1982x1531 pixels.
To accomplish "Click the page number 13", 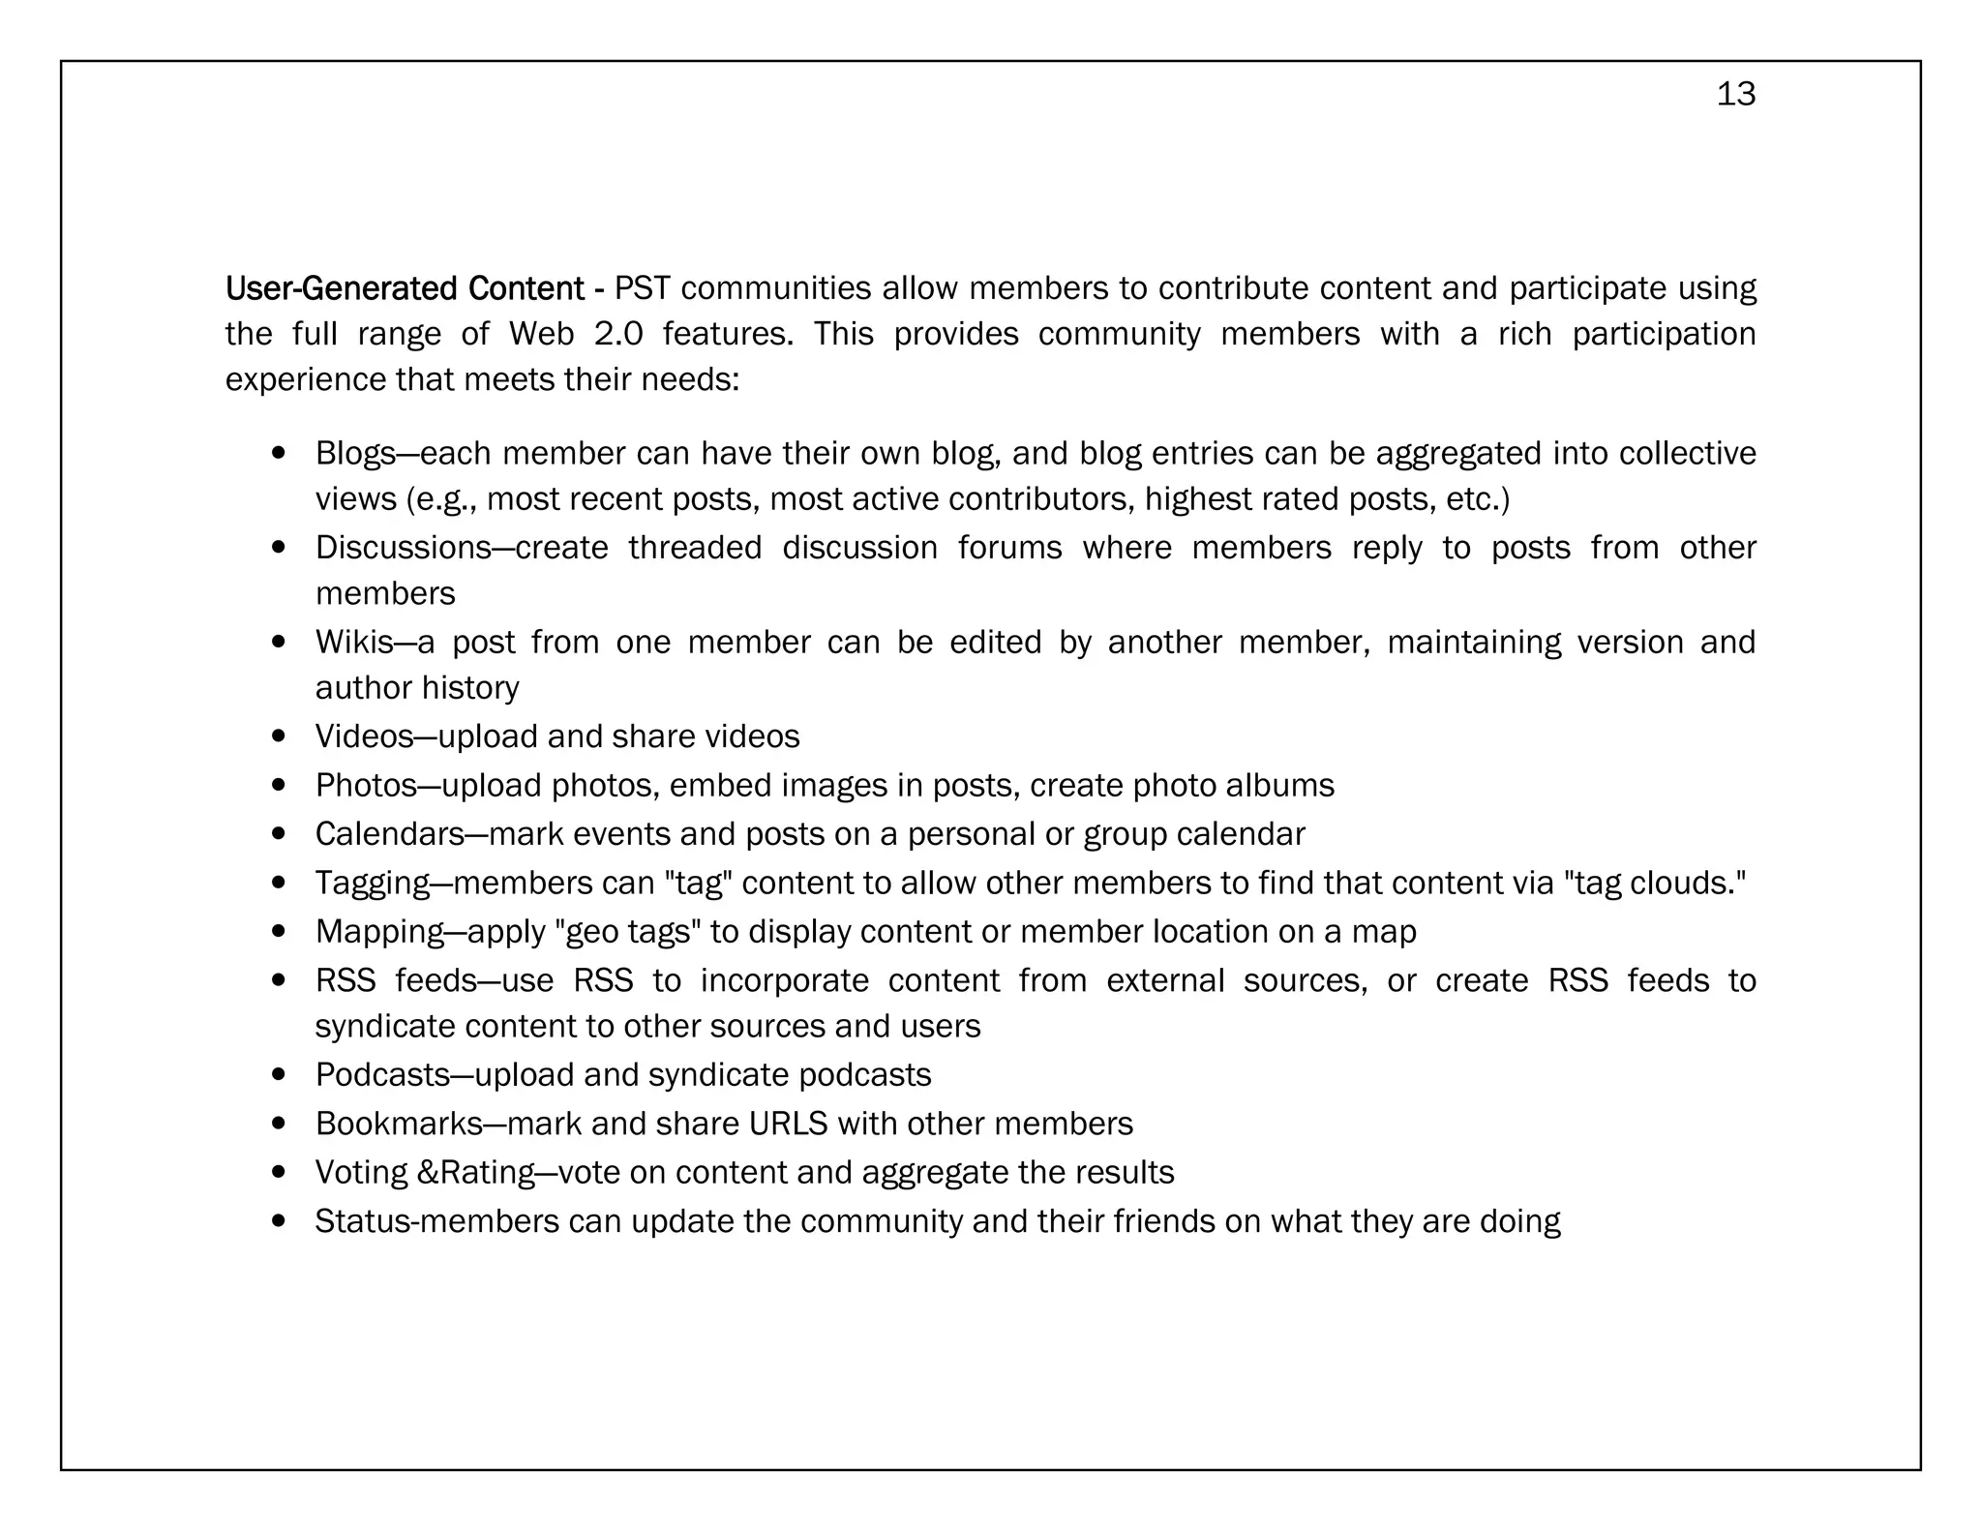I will point(1735,94).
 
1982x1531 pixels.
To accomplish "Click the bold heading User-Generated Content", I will point(404,288).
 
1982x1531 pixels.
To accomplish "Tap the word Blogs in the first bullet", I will point(355,453).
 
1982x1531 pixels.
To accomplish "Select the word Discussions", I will point(403,548).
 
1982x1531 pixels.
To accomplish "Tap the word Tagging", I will point(373,883).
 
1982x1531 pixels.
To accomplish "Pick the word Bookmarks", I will point(399,1124).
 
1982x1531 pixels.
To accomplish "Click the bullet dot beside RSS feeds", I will point(279,980).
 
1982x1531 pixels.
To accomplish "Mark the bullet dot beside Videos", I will point(279,736).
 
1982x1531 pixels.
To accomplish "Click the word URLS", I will point(788,1124).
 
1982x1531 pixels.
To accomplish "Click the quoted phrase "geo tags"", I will point(628,932).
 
